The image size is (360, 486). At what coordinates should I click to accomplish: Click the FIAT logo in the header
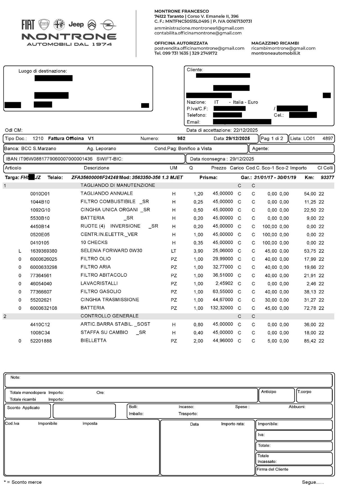coord(28,25)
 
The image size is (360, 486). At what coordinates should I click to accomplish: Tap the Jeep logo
coord(76,24)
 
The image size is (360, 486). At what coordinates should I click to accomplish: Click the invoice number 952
coord(181,138)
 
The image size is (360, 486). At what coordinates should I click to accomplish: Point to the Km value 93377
coord(327,178)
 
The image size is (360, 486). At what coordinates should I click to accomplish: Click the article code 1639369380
coord(44,251)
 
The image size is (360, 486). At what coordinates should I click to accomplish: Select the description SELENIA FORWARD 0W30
coord(111,250)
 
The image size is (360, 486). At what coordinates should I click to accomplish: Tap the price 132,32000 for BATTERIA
coord(222,308)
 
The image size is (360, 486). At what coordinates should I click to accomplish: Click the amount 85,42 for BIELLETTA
coord(310,341)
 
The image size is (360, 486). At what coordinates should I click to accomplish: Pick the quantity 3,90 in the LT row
coord(198,251)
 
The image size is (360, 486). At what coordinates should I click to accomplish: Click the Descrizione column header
coord(96,168)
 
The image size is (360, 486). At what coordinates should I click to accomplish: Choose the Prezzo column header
coord(219,168)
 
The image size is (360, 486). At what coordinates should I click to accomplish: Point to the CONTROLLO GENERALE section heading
coord(109,316)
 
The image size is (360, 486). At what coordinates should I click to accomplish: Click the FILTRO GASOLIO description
coord(101,292)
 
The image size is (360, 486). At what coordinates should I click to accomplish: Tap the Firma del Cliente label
coord(272,469)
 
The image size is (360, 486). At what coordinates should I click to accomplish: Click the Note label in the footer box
coord(15,377)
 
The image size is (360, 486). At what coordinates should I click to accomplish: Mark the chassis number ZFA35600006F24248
coord(95,178)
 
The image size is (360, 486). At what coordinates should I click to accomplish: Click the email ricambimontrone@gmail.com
coord(283,48)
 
